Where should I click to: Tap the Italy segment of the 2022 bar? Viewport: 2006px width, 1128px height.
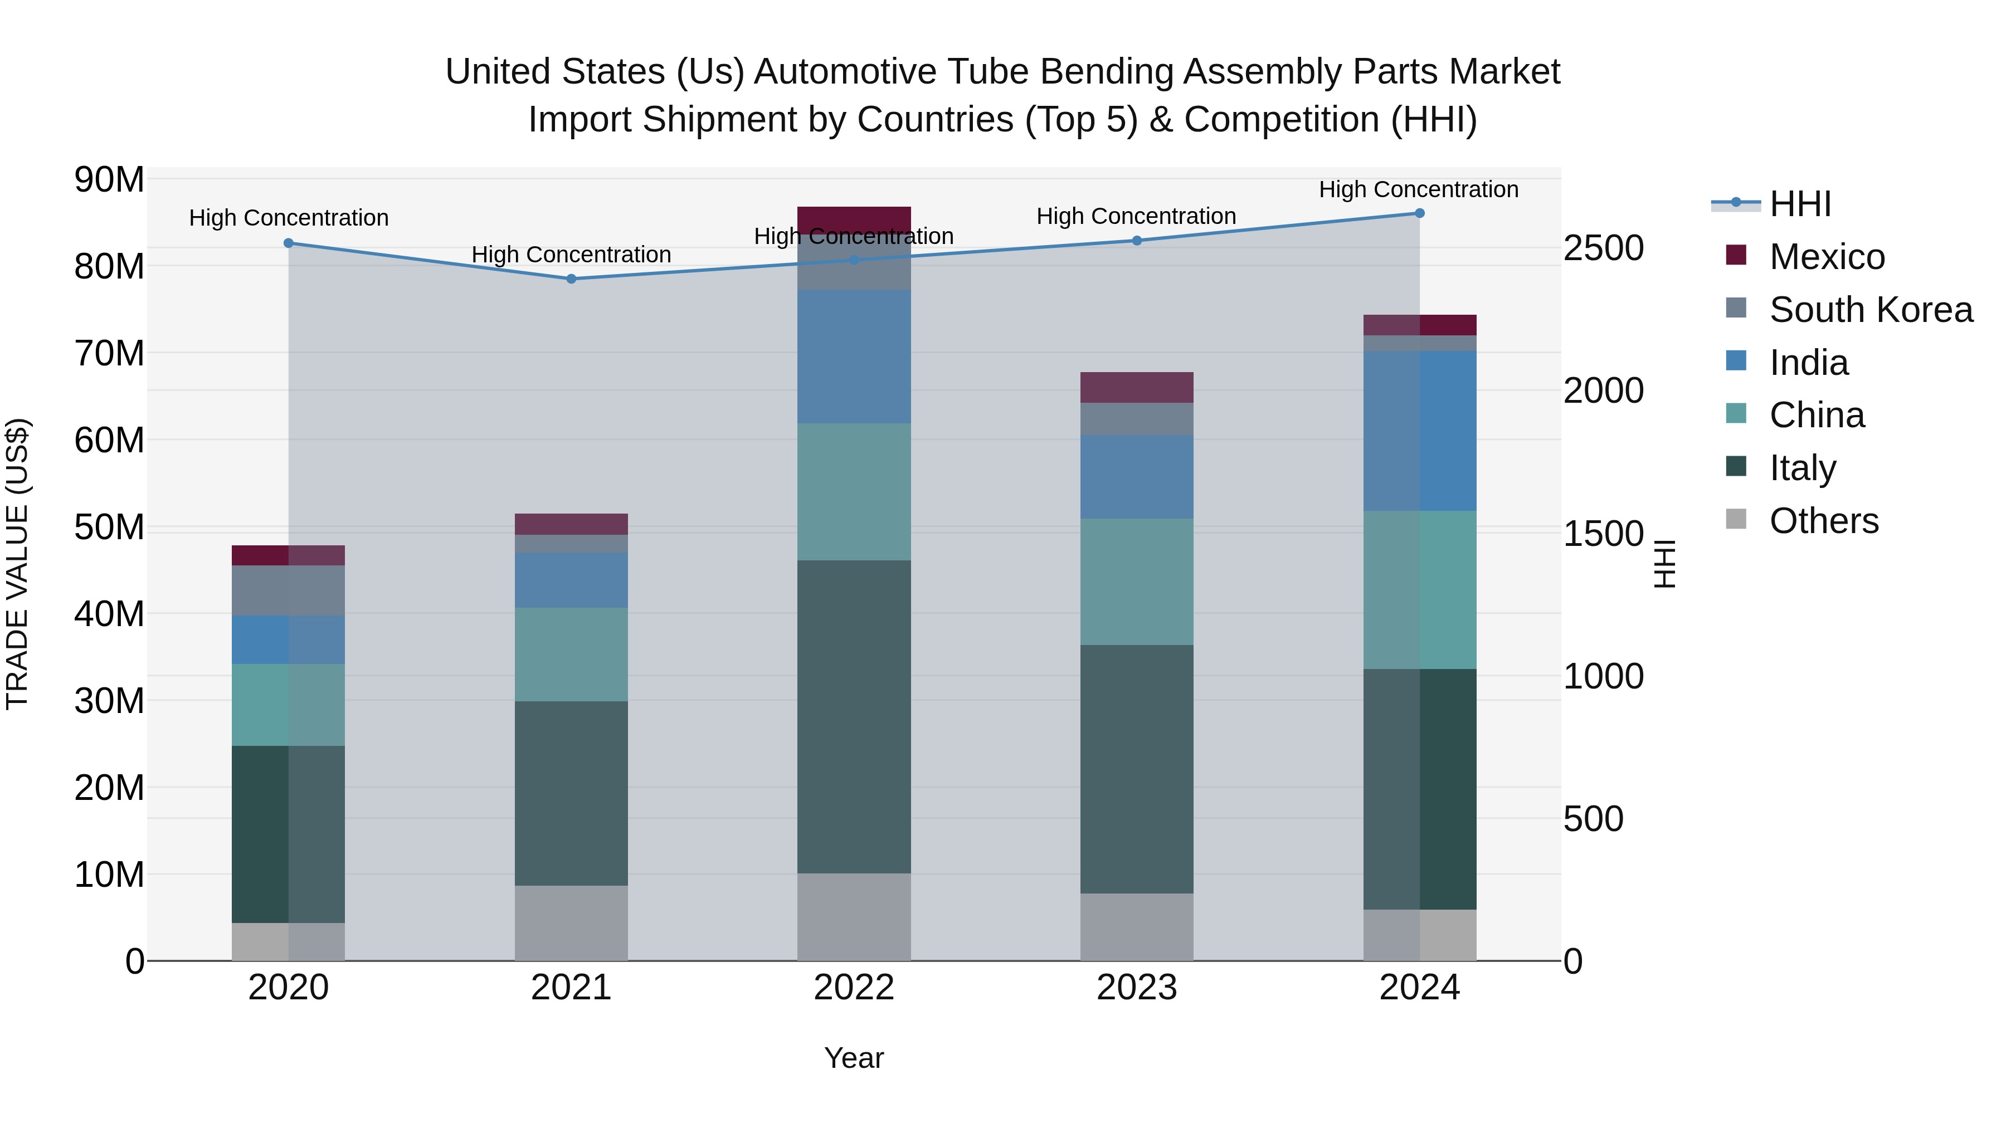[x=854, y=716]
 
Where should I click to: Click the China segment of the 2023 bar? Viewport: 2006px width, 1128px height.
[x=1136, y=582]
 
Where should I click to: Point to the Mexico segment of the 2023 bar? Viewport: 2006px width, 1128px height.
[x=1136, y=387]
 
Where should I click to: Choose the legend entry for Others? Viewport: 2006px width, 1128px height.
[x=1823, y=521]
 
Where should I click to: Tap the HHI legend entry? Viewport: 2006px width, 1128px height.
[x=1800, y=204]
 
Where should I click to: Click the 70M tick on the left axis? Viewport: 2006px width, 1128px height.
[x=109, y=353]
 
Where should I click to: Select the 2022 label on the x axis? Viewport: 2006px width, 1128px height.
[x=854, y=988]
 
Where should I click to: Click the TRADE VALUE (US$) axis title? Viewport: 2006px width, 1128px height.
[x=17, y=564]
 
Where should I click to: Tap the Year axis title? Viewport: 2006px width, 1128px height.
[x=854, y=1058]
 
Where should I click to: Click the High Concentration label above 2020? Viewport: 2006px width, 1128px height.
[x=289, y=218]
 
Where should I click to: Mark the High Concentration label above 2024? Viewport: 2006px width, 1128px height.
[x=1418, y=189]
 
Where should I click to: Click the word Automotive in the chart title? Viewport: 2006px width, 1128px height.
[x=893, y=72]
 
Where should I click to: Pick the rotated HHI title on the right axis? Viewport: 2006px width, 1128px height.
[x=1664, y=564]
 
